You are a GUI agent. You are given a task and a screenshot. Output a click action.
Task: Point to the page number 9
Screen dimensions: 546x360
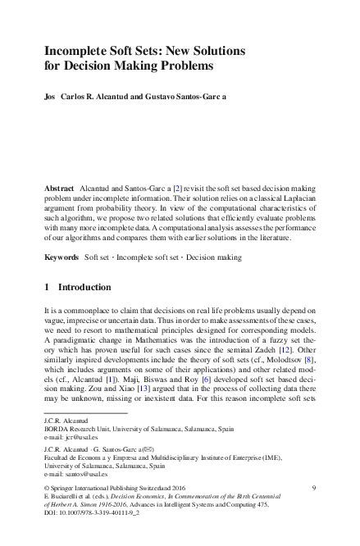(x=315, y=489)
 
